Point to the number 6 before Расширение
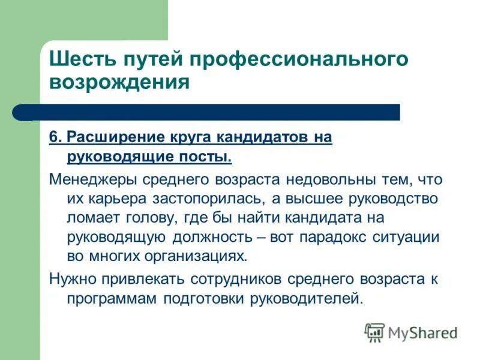pyautogui.click(x=53, y=137)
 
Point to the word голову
pyautogui.click(x=146, y=218)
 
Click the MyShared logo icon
pyautogui.click(x=374, y=332)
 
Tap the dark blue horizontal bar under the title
pyautogui.click(x=216, y=112)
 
